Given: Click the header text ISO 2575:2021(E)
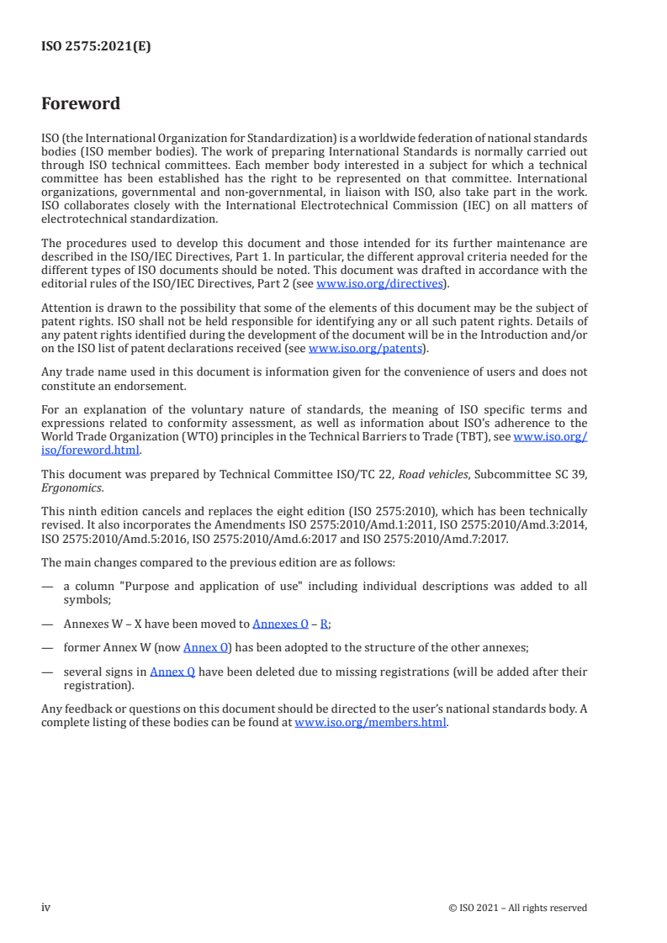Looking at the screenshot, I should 96,47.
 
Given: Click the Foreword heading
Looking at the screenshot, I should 81,104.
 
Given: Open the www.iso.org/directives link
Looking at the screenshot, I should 379,283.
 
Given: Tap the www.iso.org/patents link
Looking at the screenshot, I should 366,348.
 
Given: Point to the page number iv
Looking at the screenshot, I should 46,908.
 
